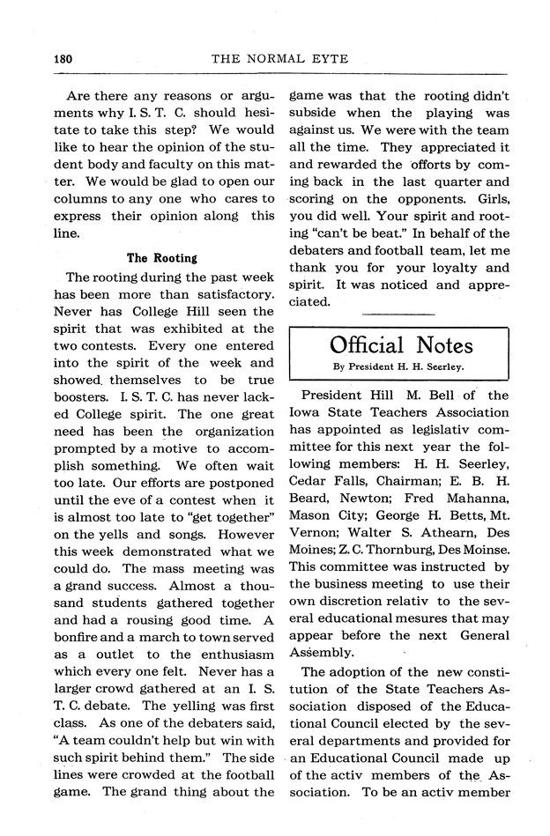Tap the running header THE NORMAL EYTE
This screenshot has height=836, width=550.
click(280, 59)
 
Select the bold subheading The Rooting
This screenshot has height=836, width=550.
click(161, 258)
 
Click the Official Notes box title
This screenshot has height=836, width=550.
click(401, 344)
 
